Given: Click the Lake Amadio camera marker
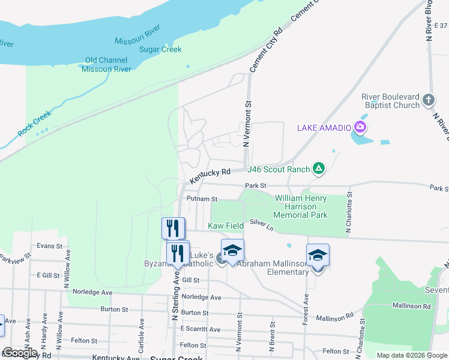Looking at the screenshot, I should (360, 127).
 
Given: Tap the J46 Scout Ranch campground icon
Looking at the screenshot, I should (319, 169).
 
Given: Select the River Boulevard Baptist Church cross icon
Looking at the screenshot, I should (427, 99).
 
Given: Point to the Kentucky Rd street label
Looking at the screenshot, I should (210, 176).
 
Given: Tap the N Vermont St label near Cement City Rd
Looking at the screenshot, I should (247, 124).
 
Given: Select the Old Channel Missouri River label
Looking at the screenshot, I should (106, 64).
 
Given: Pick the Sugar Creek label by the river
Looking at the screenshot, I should (160, 50).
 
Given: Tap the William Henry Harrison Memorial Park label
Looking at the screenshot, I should (301, 206).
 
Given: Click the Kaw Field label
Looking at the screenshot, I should (226, 226).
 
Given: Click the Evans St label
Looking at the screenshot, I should (49, 246).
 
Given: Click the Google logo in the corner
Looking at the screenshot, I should (20, 353).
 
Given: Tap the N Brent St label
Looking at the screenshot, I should (273, 333).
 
